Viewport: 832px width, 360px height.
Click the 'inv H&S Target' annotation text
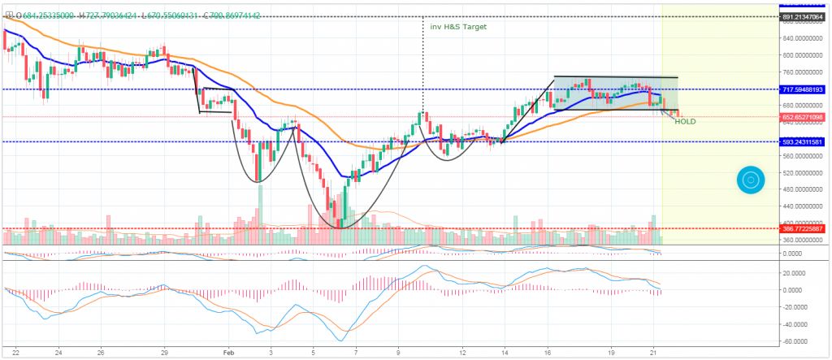(458, 26)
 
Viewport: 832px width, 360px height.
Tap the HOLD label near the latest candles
(685, 122)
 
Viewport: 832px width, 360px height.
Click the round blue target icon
(751, 180)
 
